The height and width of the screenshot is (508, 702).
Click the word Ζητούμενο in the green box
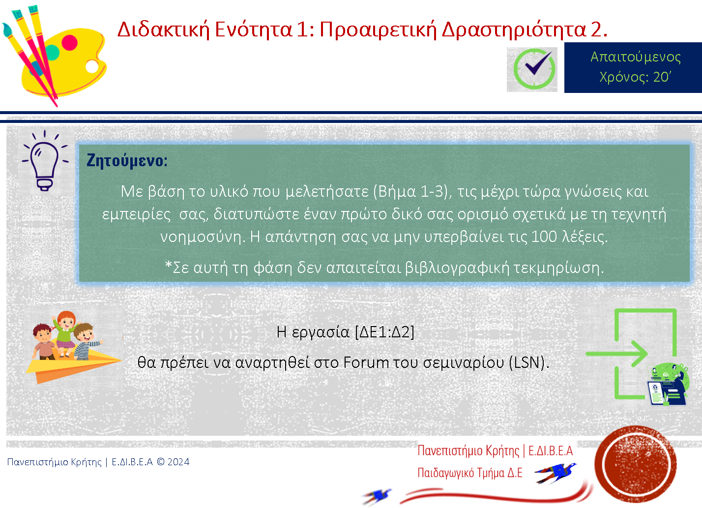click(127, 160)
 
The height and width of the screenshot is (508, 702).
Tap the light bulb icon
click(45, 160)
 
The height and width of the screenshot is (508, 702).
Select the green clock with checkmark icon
click(534, 69)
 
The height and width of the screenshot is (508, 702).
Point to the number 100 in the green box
click(544, 237)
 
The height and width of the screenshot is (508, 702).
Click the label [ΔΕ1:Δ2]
click(384, 332)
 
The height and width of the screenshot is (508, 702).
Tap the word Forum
click(366, 362)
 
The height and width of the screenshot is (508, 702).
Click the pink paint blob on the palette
click(69, 43)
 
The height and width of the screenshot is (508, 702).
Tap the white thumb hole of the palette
click(92, 66)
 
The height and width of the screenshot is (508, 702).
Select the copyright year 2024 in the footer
click(178, 462)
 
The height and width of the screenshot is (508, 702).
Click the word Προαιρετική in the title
click(378, 30)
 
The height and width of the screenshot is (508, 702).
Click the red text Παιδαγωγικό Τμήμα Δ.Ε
click(470, 473)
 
